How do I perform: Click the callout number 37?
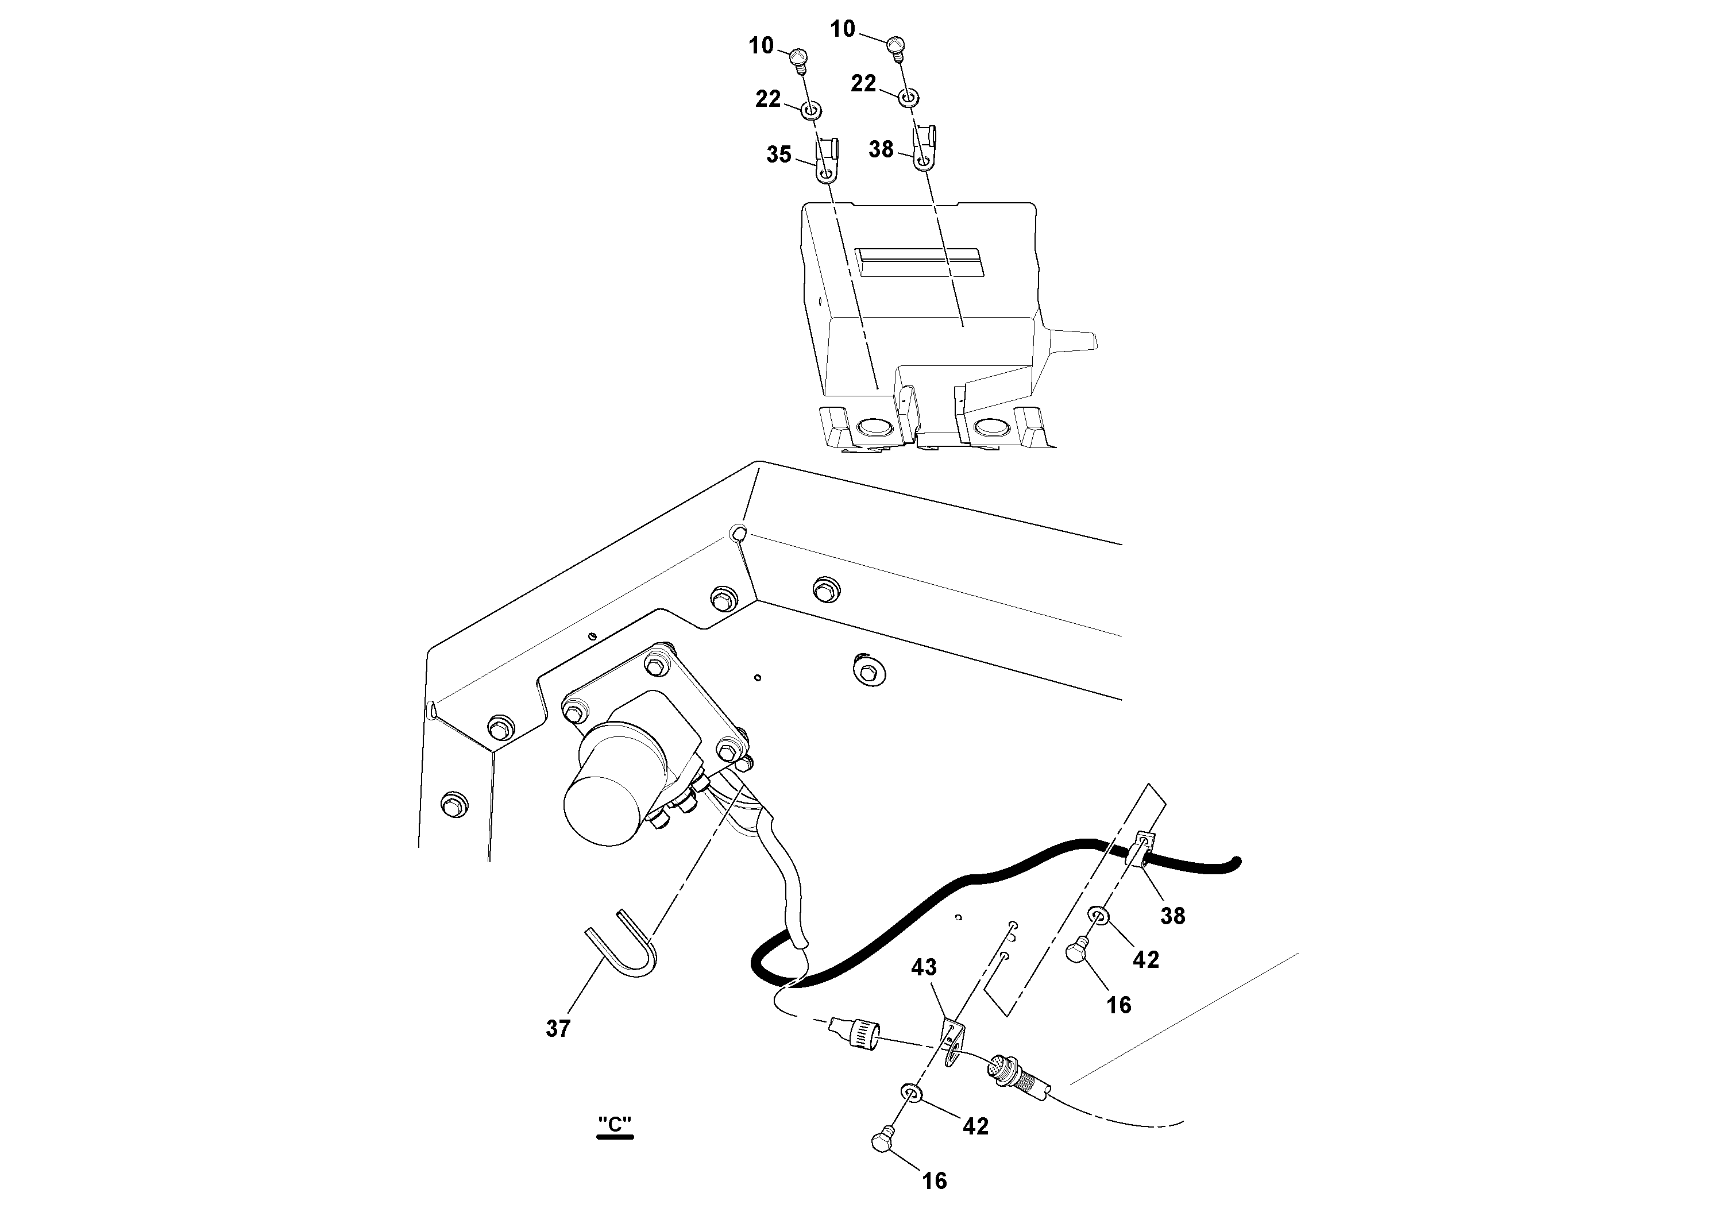[x=558, y=1029]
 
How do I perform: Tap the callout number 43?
[x=924, y=967]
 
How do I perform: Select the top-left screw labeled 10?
[x=798, y=57]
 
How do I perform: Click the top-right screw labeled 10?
[x=896, y=46]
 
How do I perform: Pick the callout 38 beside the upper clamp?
[x=881, y=149]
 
